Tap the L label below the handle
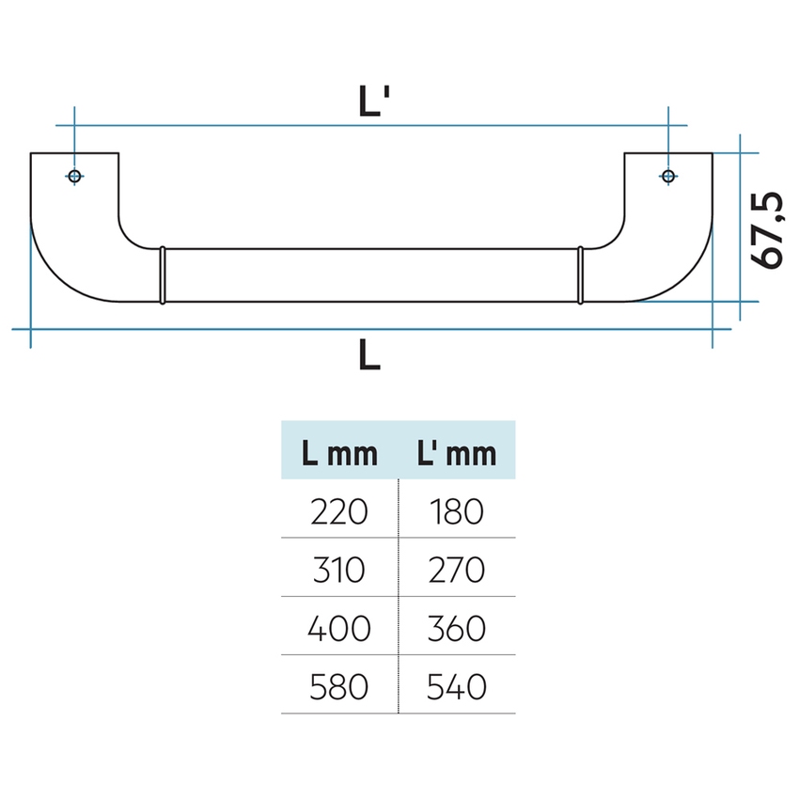tap(369, 354)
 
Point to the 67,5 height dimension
tap(767, 229)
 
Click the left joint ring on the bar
tap(163, 275)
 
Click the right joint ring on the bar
tap(580, 275)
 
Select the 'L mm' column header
tap(339, 453)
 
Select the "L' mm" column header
tap(457, 453)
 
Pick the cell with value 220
tap(338, 511)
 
